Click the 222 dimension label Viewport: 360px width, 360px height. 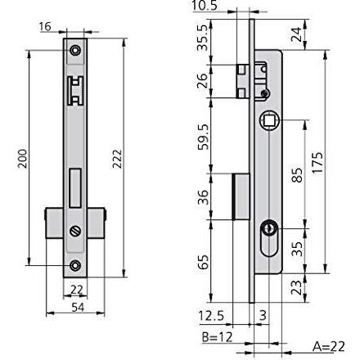pyautogui.click(x=117, y=159)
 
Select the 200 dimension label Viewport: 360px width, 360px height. pyautogui.click(x=22, y=159)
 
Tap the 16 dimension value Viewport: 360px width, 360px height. pyautogui.click(x=45, y=27)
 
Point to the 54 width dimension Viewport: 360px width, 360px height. pyautogui.click(x=78, y=308)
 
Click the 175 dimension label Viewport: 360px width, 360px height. pyautogui.click(x=317, y=163)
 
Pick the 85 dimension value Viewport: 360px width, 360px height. pyautogui.click(x=297, y=175)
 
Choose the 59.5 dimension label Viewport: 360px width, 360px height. pyautogui.click(x=203, y=137)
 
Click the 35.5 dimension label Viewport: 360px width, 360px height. pyautogui.click(x=203, y=38)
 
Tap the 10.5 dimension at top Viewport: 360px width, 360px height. pyautogui.click(x=205, y=6)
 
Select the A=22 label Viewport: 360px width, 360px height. pyautogui.click(x=329, y=347)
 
